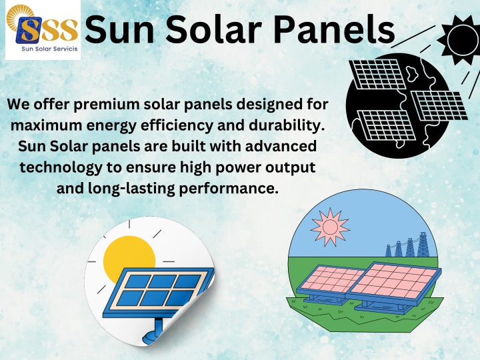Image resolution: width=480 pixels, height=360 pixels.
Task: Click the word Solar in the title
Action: pos(214,30)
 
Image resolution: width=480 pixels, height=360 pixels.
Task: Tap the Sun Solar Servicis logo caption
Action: pos(49,49)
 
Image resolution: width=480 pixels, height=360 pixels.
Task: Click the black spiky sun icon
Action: pos(460,39)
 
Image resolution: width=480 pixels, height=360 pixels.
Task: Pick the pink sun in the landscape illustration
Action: pos(330,227)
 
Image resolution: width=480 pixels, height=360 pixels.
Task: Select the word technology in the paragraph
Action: pos(61,168)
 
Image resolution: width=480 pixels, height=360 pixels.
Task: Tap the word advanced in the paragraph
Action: pos(281,146)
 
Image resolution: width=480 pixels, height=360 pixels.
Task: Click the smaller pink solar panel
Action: pos(330,280)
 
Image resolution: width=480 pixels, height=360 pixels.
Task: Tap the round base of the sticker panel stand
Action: pos(149,338)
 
